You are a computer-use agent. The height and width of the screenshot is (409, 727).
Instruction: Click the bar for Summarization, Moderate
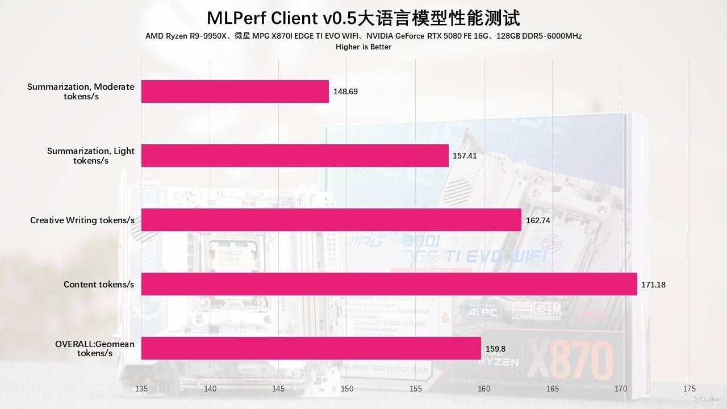click(x=235, y=91)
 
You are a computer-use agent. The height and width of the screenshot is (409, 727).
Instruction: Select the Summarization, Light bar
click(x=295, y=156)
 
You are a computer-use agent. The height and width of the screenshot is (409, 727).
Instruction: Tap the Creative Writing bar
click(x=331, y=220)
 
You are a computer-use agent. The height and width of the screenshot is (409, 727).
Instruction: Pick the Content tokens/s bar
click(x=389, y=284)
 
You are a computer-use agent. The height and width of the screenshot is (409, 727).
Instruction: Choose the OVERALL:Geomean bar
click(x=311, y=348)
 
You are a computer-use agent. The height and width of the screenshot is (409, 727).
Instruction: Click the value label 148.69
click(x=346, y=91)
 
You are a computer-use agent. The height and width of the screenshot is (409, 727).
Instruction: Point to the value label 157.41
click(x=465, y=155)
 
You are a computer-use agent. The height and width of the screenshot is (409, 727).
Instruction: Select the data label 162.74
click(x=538, y=220)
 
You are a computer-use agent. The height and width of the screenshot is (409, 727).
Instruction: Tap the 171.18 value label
click(x=653, y=284)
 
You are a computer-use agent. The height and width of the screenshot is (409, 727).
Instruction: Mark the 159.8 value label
click(x=495, y=348)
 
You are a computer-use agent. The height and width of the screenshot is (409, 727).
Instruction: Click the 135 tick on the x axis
click(x=141, y=389)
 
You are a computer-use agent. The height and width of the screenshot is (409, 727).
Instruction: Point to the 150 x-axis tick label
click(x=347, y=389)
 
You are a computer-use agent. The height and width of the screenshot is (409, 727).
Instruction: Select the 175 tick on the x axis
click(x=690, y=389)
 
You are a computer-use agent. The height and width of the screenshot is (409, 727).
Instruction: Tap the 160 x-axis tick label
click(x=484, y=389)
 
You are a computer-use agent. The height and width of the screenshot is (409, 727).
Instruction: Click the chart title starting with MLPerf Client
click(x=363, y=18)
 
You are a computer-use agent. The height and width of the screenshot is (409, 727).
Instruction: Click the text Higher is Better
click(x=363, y=47)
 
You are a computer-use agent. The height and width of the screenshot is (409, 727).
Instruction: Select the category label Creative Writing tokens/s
click(x=82, y=220)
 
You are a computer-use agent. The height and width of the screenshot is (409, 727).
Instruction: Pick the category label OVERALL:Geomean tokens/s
click(x=95, y=348)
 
